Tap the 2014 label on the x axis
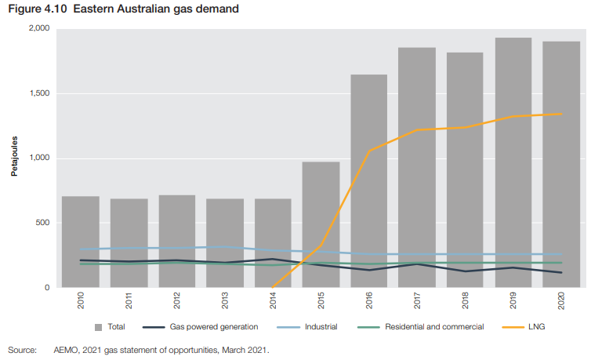coord(273,301)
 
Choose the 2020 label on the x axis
coord(561,301)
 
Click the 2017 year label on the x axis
coord(417,301)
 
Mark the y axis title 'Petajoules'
coord(13,158)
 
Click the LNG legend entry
coord(535,326)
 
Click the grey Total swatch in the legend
coord(98,327)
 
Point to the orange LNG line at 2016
coord(369,151)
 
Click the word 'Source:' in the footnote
coord(21,350)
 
